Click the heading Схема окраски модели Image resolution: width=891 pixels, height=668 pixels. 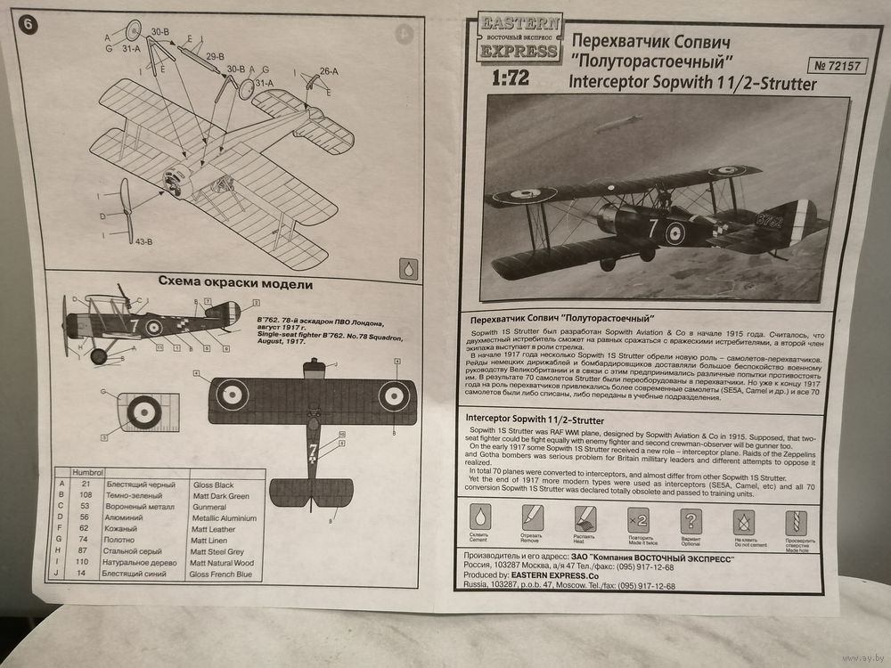pos(235,284)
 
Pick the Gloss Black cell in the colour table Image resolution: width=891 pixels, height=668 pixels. pos(215,484)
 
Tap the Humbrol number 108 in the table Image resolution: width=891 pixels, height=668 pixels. pos(86,495)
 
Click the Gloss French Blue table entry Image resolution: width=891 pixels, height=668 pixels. pos(220,575)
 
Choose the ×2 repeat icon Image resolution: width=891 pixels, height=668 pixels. pos(638,519)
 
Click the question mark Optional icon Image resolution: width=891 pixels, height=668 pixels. pos(691,521)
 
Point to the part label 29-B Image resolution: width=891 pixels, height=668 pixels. pos(214,58)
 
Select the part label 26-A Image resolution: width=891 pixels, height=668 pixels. pos(328,71)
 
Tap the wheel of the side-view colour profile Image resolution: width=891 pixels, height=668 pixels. pos(99,356)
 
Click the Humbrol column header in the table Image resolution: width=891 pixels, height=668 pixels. pos(88,472)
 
